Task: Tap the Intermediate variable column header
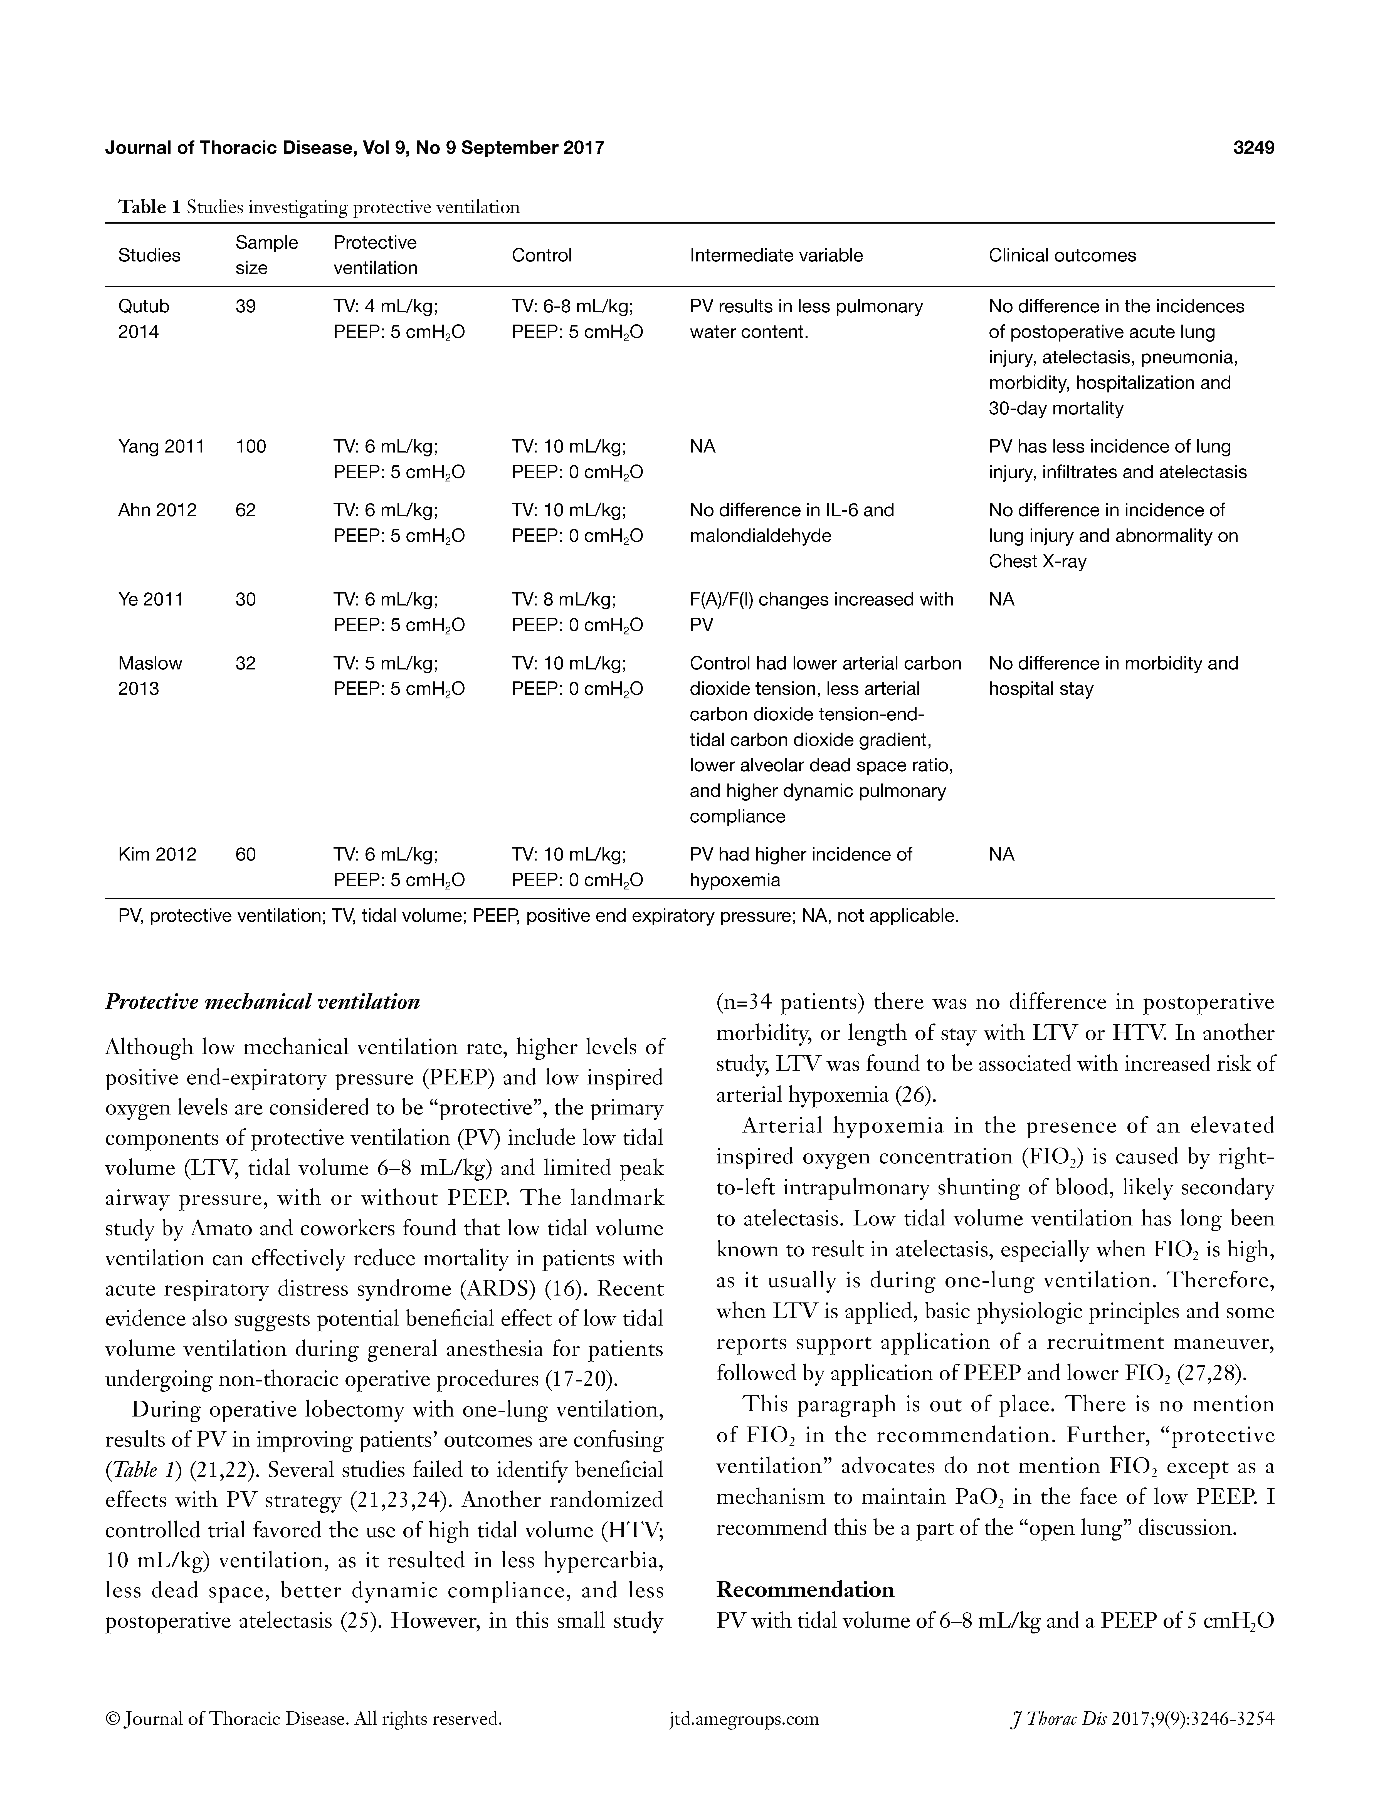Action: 776,255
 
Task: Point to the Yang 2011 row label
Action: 161,447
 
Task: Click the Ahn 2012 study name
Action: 157,510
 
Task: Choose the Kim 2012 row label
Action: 157,854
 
